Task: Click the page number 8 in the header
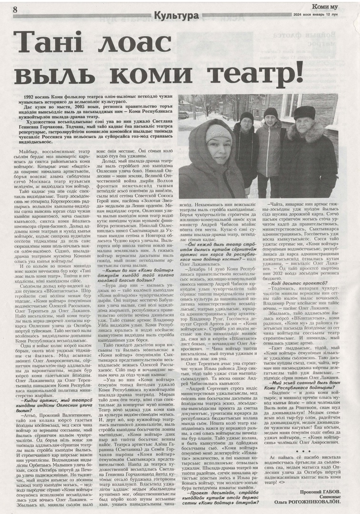point(15,10)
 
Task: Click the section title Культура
point(176,16)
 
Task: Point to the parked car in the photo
point(183,115)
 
